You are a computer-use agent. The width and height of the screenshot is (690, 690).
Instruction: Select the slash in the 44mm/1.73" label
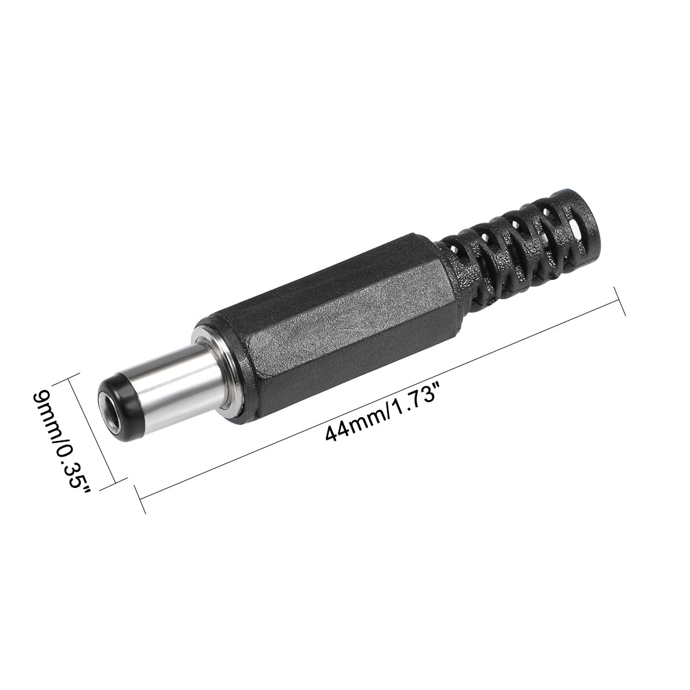[381, 415]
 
